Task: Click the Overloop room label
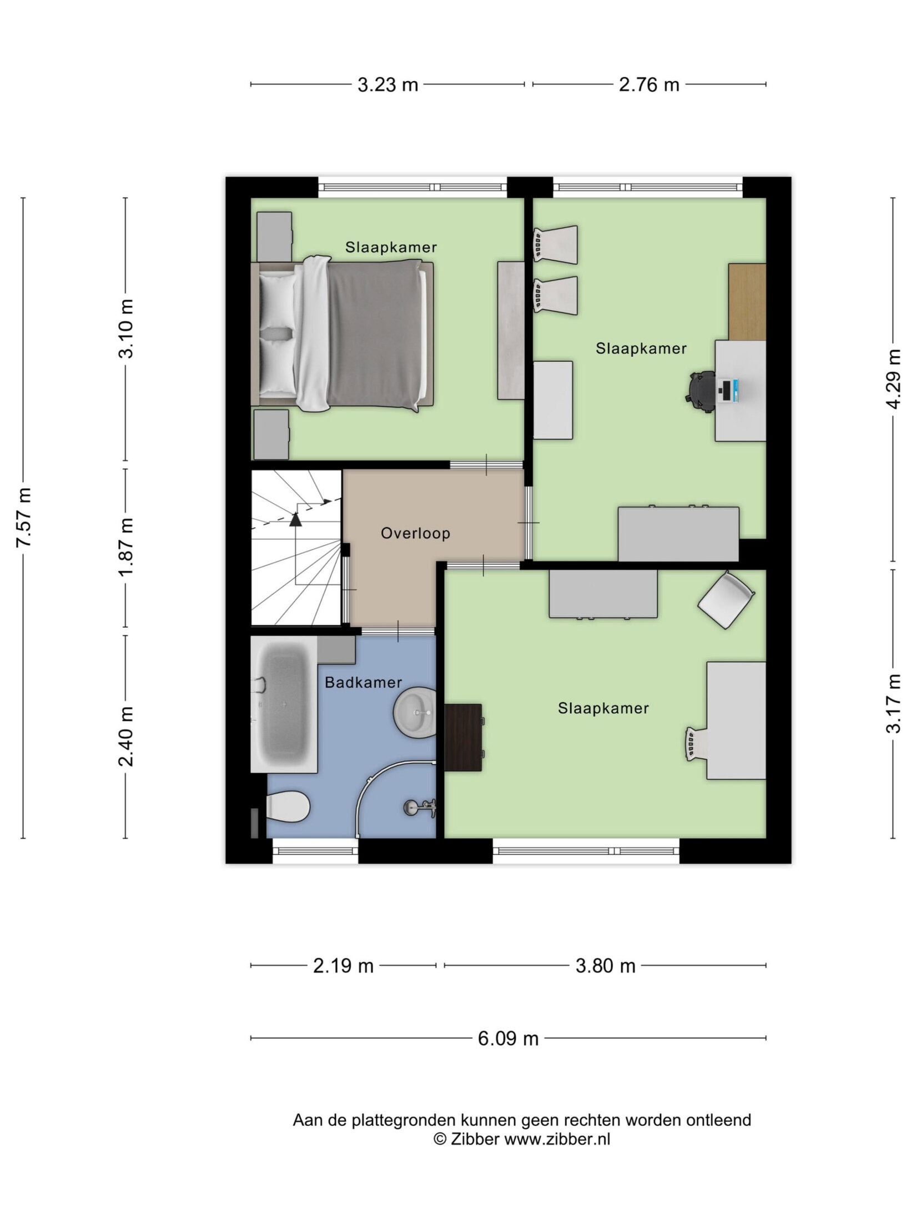coord(415,533)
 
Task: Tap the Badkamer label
coord(363,682)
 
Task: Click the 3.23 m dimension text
coord(387,85)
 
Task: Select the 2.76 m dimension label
coord(649,85)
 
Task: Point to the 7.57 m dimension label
coord(24,517)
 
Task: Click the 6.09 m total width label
coord(508,1038)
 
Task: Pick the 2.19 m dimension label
coord(343,966)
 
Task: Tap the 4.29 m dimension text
coord(893,379)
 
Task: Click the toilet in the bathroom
coord(287,806)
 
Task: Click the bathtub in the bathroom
coord(284,704)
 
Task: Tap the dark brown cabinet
coord(463,737)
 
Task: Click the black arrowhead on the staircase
coord(295,519)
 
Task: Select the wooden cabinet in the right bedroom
coord(747,302)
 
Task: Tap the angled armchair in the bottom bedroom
coord(726,600)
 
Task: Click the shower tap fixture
coord(420,807)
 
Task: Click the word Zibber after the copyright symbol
coord(475,1139)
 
